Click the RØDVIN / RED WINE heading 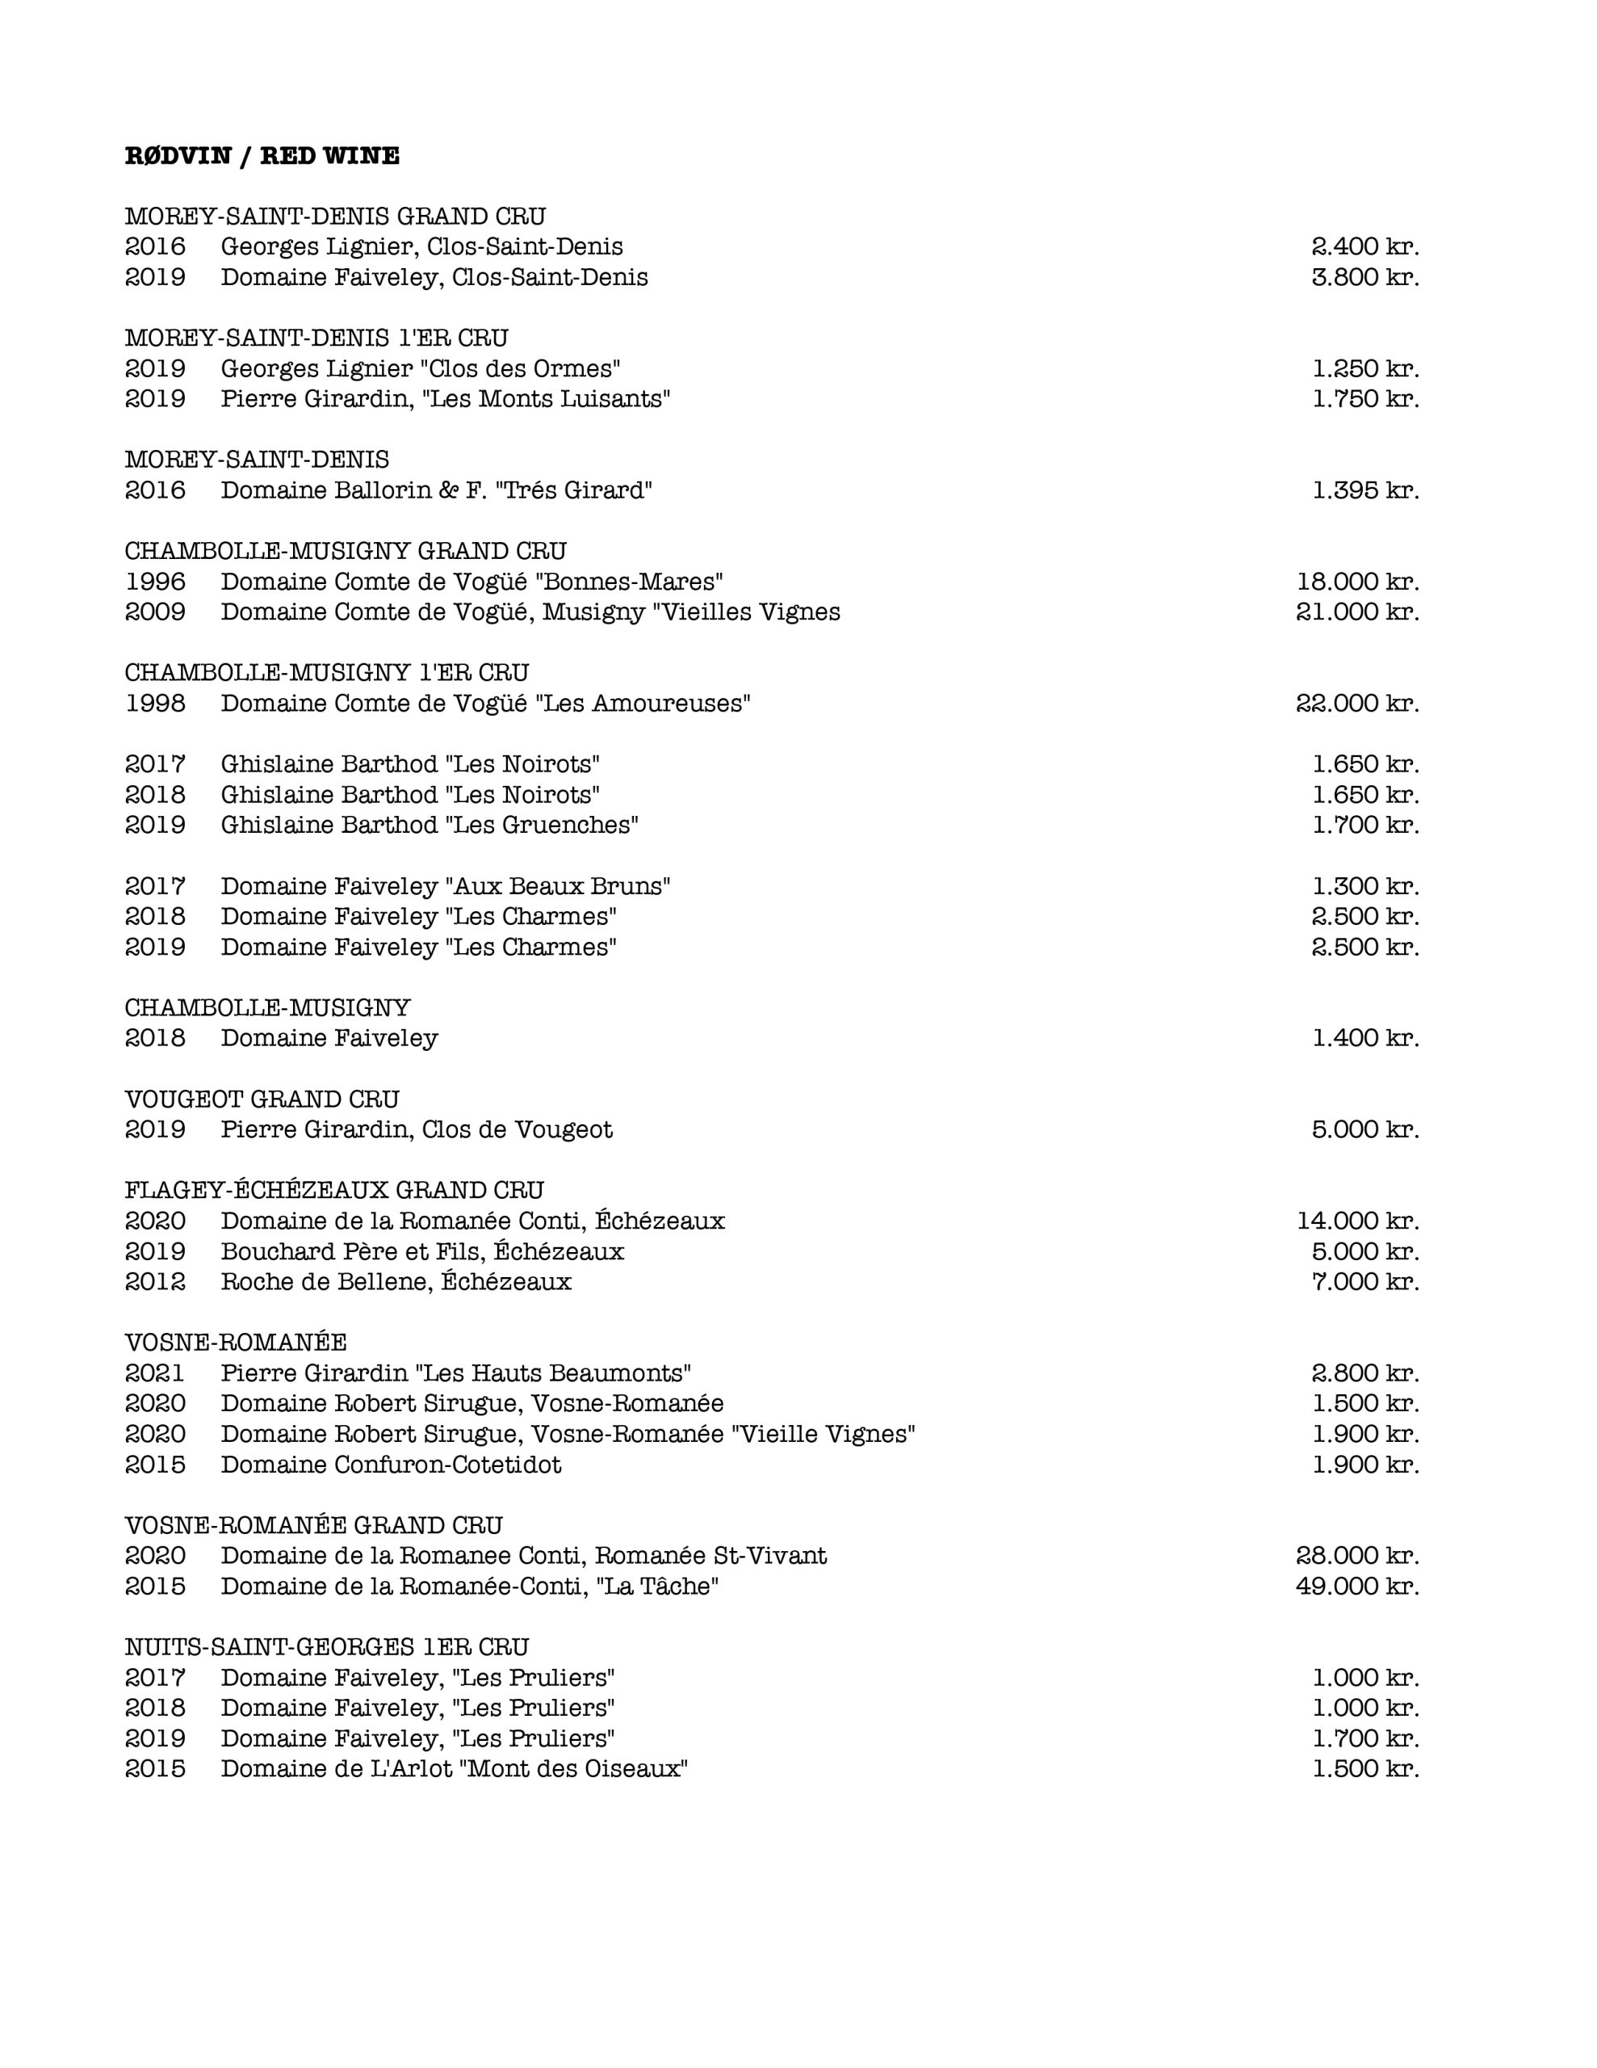point(262,156)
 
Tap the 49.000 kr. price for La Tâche point(1356,1586)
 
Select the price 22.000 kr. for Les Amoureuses point(1356,704)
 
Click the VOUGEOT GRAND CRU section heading point(262,1099)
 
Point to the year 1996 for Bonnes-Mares point(155,582)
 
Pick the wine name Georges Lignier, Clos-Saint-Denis point(421,247)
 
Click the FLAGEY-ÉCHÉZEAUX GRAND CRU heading point(334,1190)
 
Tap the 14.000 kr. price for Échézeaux point(1356,1221)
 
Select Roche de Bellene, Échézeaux point(396,1282)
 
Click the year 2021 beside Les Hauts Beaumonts point(155,1373)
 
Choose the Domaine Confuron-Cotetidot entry point(391,1465)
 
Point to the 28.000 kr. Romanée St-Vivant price point(1356,1556)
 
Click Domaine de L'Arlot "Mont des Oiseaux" point(454,1769)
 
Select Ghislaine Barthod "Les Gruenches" point(429,825)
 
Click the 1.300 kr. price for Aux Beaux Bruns point(1365,886)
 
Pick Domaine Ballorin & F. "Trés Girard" point(437,490)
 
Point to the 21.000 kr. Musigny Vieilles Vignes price point(1356,612)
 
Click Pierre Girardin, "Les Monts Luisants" point(445,398)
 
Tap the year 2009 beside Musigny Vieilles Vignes point(155,612)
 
